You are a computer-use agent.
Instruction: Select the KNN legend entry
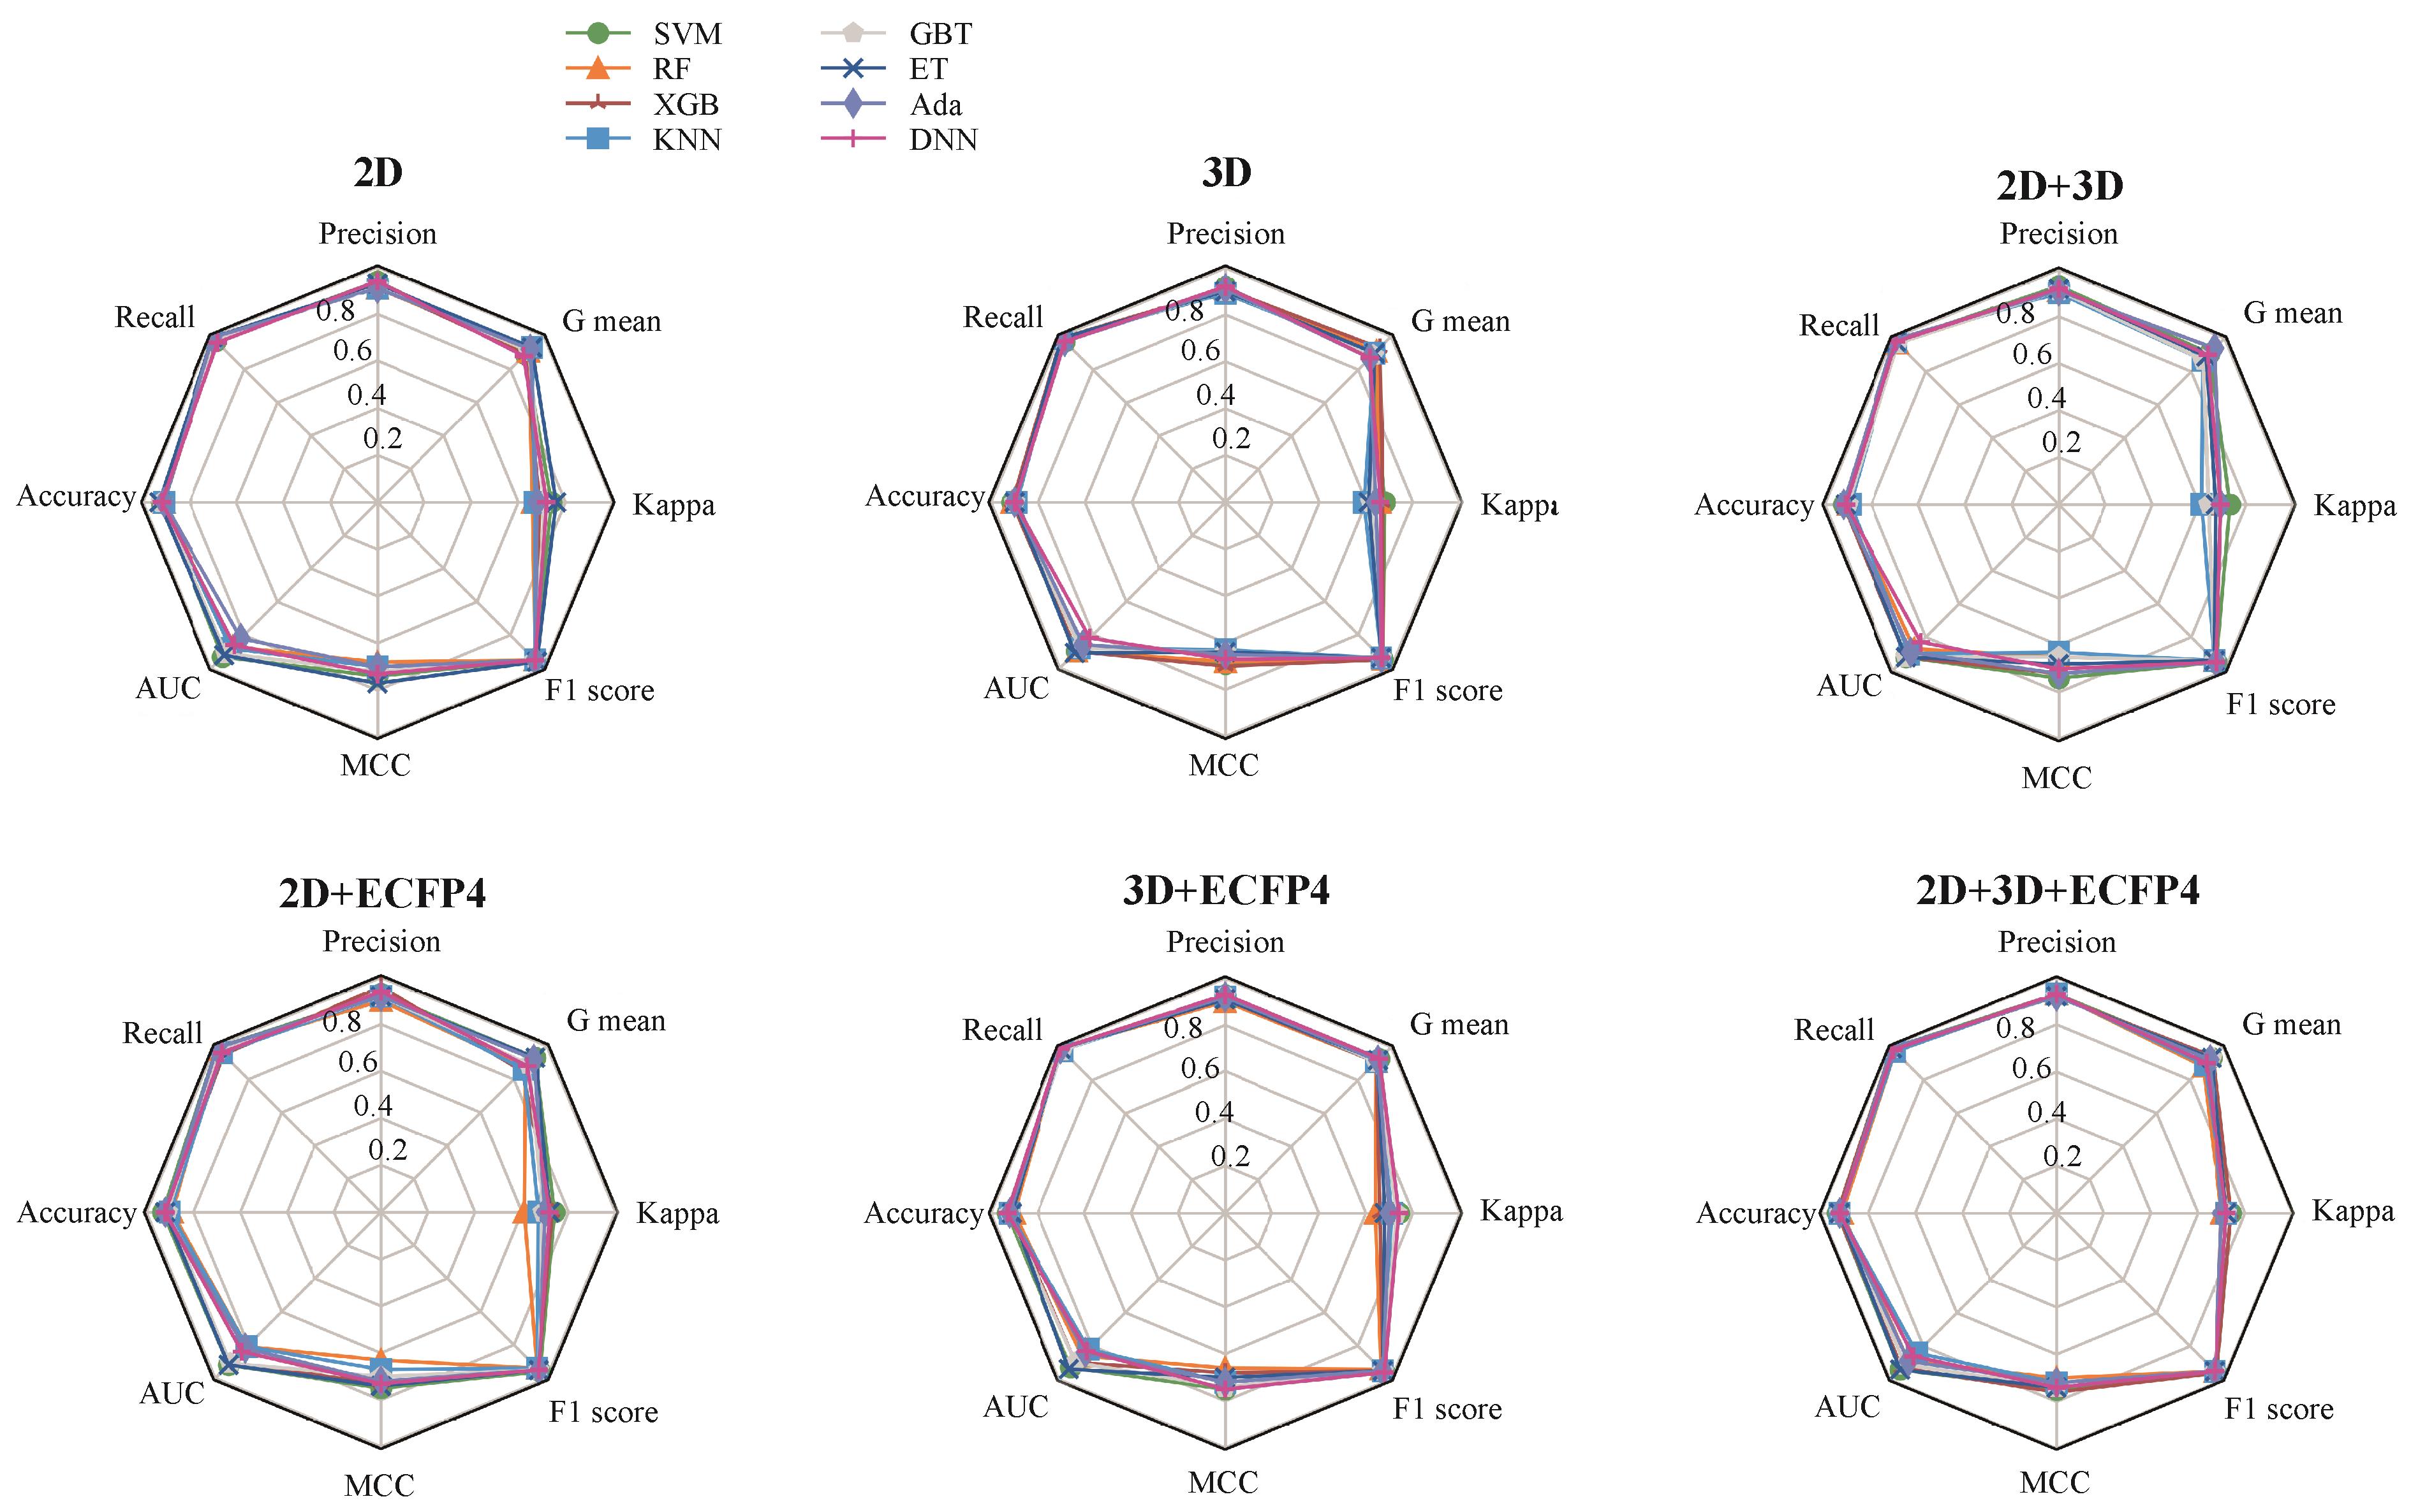(686, 140)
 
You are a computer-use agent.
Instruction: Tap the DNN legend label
(943, 140)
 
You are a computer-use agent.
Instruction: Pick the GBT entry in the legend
(940, 34)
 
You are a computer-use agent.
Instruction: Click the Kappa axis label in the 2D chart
(674, 505)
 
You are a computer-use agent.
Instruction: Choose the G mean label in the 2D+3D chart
(2292, 314)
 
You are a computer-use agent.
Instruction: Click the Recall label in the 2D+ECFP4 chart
(163, 1033)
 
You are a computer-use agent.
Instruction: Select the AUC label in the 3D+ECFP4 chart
(1016, 1407)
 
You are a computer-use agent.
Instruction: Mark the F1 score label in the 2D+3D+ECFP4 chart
(2280, 1408)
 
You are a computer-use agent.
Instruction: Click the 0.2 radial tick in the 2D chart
(383, 438)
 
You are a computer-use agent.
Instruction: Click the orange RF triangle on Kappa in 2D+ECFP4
(522, 1213)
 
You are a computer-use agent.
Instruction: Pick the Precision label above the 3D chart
(1225, 234)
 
